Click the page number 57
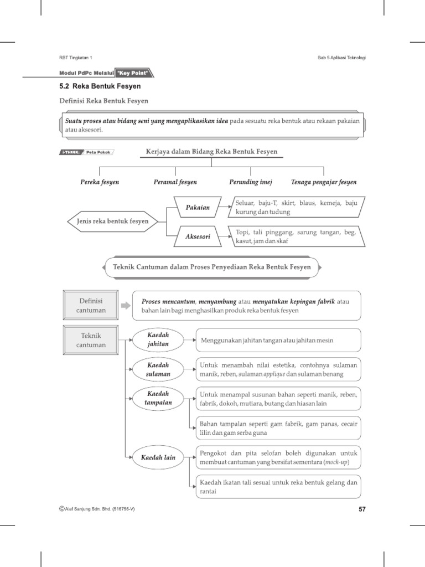point(362,509)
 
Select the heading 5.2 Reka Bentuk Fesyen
point(100,86)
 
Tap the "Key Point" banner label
point(134,73)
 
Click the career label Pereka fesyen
point(99,182)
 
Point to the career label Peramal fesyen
point(175,182)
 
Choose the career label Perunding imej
point(251,182)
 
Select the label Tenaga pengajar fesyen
point(324,182)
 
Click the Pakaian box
point(197,208)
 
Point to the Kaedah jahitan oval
point(158,340)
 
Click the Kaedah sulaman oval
point(158,370)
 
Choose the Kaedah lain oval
point(158,458)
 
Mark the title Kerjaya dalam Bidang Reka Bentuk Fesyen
point(211,151)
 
